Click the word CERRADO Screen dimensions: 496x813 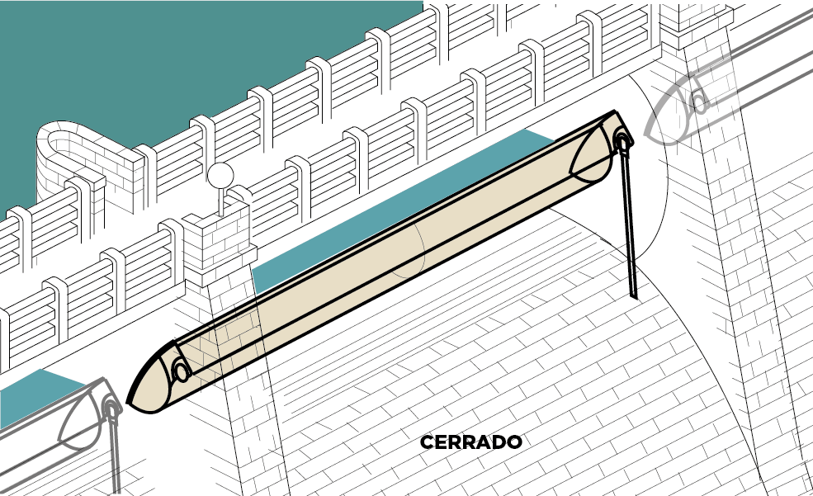pyautogui.click(x=470, y=442)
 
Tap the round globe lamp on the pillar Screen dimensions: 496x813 pyautogui.click(x=221, y=176)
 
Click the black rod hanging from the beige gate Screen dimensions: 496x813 pyautogui.click(x=628, y=223)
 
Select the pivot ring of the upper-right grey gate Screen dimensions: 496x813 pyautogui.click(x=698, y=100)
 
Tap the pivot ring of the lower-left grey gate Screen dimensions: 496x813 pyautogui.click(x=111, y=406)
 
